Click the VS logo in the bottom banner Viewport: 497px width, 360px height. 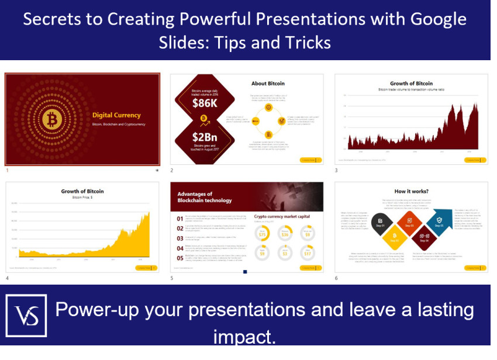coord(26,316)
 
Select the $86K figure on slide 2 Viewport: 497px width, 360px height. coord(204,104)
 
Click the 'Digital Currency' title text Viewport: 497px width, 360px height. coord(116,115)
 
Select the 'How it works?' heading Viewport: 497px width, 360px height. coord(411,191)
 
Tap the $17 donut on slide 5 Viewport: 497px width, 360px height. coord(308,253)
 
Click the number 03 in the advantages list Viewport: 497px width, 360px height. coord(181,238)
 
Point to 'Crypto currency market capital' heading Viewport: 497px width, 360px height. coord(282,216)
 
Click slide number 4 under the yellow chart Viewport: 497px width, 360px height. coord(7,278)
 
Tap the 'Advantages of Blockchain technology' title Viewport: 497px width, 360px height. coord(205,197)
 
